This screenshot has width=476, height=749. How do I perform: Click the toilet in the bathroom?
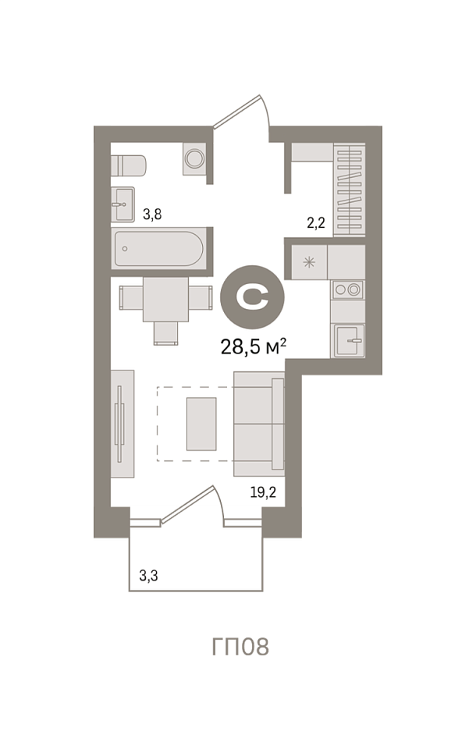pyautogui.click(x=128, y=165)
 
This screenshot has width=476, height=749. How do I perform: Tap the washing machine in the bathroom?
pyautogui.click(x=194, y=158)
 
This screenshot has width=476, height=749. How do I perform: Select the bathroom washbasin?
pyautogui.click(x=123, y=204)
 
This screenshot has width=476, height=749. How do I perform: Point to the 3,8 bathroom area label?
pyautogui.click(x=152, y=215)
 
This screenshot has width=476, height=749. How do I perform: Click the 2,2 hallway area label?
pyautogui.click(x=316, y=222)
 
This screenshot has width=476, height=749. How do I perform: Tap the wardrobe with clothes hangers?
pyautogui.click(x=350, y=189)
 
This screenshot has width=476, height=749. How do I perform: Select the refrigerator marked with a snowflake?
pyautogui.click(x=310, y=262)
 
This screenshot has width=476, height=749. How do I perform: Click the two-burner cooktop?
pyautogui.click(x=347, y=289)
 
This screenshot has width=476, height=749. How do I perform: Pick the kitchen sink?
pyautogui.click(x=349, y=341)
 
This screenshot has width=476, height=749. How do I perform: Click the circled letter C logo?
pyautogui.click(x=252, y=297)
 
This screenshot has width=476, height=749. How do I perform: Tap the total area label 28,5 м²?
pyautogui.click(x=254, y=346)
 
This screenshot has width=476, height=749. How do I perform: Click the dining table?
pyautogui.click(x=165, y=300)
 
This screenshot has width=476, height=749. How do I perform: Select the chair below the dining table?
pyautogui.click(x=166, y=333)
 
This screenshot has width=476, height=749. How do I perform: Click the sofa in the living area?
pyautogui.click(x=259, y=424)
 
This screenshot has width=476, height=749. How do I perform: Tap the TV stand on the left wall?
pyautogui.click(x=123, y=423)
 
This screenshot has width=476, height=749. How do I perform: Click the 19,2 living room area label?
pyautogui.click(x=263, y=492)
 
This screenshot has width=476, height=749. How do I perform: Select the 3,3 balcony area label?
pyautogui.click(x=148, y=576)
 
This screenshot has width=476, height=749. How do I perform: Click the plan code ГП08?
pyautogui.click(x=240, y=647)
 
